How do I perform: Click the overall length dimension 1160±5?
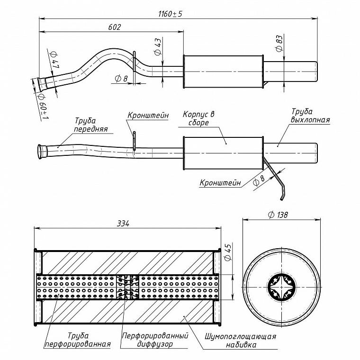click(170, 14)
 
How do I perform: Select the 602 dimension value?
click(114, 27)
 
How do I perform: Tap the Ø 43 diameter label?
click(158, 46)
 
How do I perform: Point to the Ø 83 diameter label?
click(279, 44)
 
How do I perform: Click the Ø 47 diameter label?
click(55, 60)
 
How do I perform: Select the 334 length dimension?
click(123, 224)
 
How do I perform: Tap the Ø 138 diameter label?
click(278, 215)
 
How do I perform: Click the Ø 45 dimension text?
click(228, 252)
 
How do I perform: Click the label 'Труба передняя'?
click(91, 125)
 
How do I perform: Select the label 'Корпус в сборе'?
click(198, 118)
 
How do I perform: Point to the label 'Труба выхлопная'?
click(310, 116)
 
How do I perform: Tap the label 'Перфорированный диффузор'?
click(155, 340)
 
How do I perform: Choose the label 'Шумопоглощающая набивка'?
click(241, 341)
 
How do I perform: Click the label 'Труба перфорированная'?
click(78, 340)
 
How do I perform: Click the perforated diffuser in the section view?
click(127, 287)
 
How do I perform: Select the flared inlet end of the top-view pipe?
click(42, 84)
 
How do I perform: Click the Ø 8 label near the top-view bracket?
click(121, 79)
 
